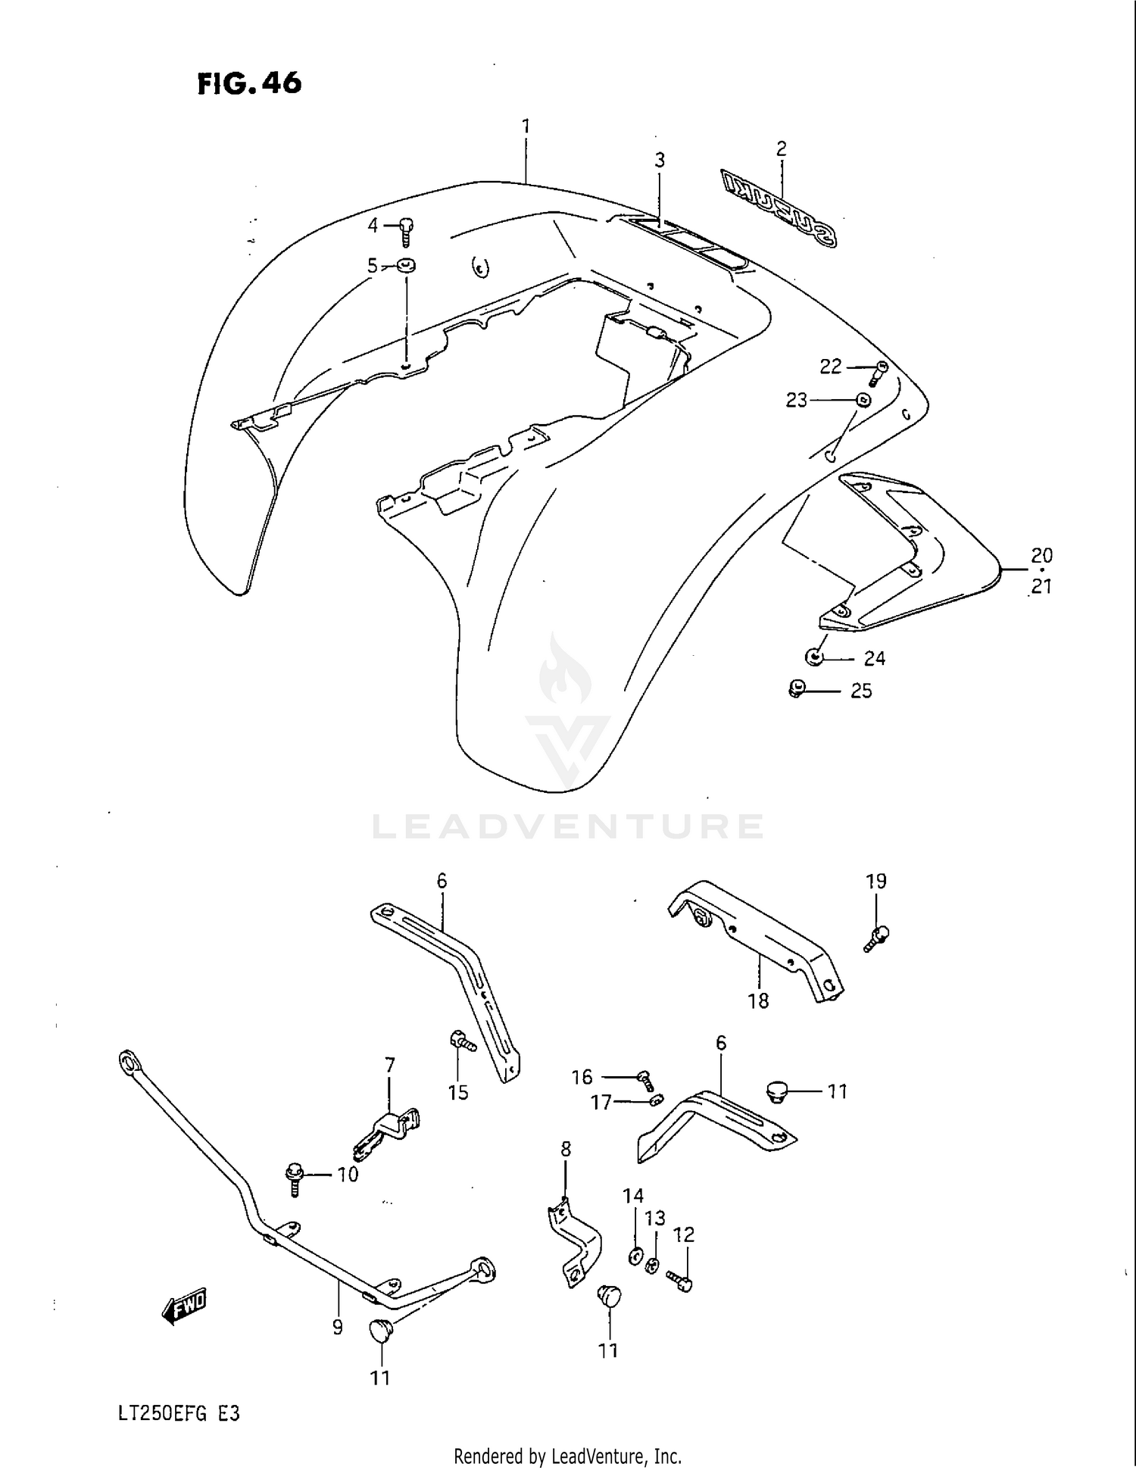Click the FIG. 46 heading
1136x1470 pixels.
coord(249,83)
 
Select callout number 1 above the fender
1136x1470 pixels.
coord(526,126)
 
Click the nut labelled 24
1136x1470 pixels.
coord(814,657)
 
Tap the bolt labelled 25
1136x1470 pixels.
coord(795,690)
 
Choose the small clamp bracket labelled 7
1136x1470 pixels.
coord(387,1130)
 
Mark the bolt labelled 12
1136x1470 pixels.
coord(681,1281)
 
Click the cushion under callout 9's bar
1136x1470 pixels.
coord(380,1330)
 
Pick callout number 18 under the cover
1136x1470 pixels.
coord(758,1000)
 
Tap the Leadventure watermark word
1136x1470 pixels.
coord(567,826)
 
